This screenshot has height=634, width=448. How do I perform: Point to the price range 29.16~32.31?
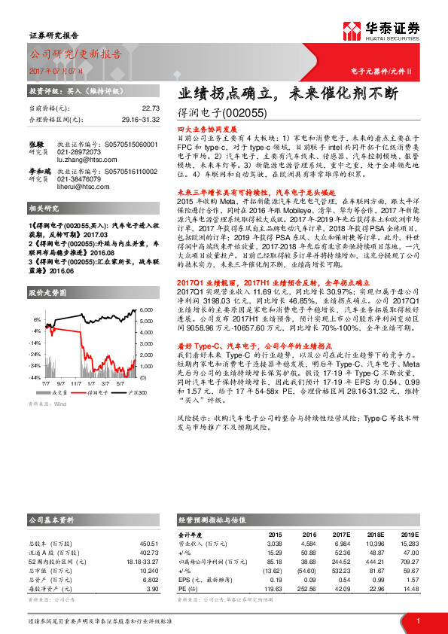point(140,120)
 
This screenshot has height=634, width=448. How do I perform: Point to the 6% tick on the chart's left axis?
point(37,319)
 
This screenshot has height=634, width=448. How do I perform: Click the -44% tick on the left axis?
point(35,376)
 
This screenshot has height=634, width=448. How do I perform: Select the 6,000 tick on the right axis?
point(147,310)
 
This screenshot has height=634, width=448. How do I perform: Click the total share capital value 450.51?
point(148,543)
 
